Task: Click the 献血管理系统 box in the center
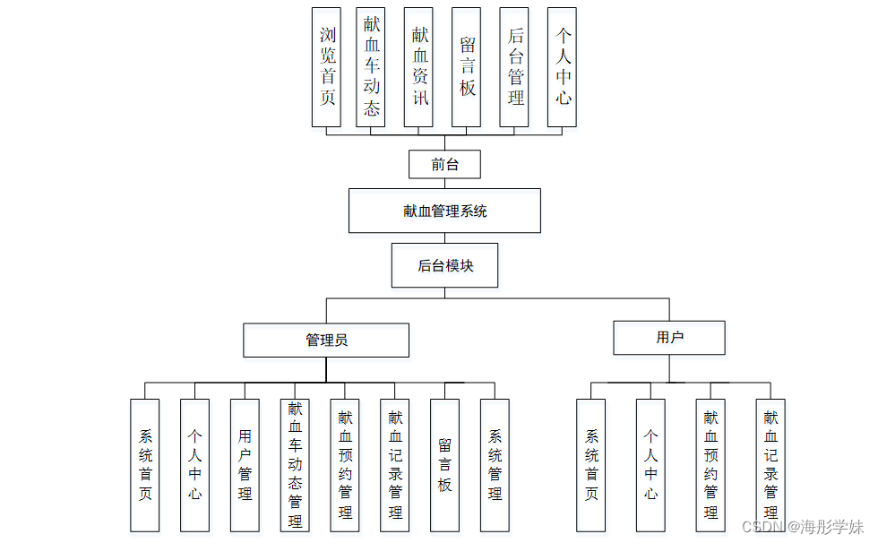click(x=444, y=211)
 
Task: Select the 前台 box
click(x=444, y=164)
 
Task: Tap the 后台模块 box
click(x=444, y=265)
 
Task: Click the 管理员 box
click(x=326, y=340)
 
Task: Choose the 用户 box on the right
click(x=669, y=338)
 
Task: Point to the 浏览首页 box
click(x=327, y=67)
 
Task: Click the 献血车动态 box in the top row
click(x=371, y=67)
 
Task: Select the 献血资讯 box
click(x=418, y=67)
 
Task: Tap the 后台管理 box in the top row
click(x=515, y=67)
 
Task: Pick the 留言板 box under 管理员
click(x=444, y=464)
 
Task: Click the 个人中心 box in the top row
click(x=562, y=67)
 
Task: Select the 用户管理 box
click(x=245, y=464)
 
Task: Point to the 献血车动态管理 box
click(x=295, y=464)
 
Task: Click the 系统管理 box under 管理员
click(x=495, y=464)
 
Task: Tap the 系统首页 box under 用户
click(x=591, y=464)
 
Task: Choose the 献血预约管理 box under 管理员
click(x=345, y=464)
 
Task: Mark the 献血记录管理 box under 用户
click(x=770, y=464)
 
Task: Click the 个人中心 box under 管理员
click(x=194, y=464)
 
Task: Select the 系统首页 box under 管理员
click(x=145, y=464)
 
